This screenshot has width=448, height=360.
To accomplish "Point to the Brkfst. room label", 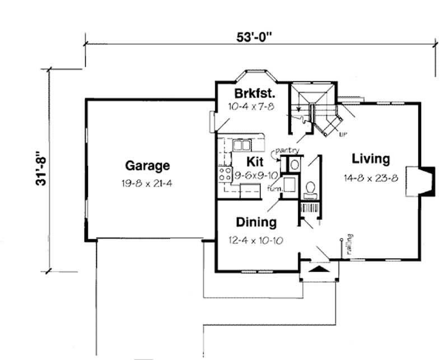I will (x=251, y=93).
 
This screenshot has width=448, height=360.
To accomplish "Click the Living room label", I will (x=370, y=159).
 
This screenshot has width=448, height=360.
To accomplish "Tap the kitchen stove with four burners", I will (x=225, y=174).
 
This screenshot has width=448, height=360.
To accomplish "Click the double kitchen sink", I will (x=241, y=146).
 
